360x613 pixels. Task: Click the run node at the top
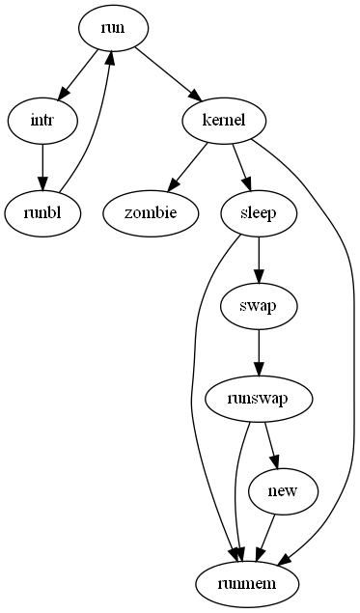point(113,28)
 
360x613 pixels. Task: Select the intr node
point(42,120)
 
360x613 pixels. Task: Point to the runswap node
point(260,398)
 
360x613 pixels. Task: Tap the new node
point(284,491)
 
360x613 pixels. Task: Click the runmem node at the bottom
point(248,582)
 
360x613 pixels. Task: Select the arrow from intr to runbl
point(42,165)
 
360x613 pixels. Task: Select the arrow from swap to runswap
point(258,351)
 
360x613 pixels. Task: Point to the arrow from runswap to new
point(271,444)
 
